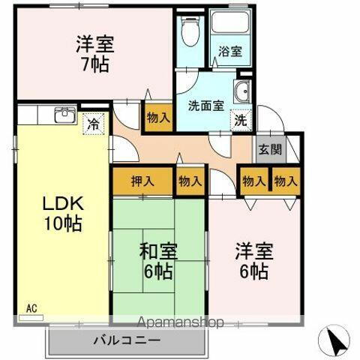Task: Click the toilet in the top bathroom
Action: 190,31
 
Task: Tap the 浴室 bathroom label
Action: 230,52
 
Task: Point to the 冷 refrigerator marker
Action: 94,122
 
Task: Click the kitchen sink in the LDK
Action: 64,115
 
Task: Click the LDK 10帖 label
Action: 61,212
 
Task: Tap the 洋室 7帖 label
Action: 92,53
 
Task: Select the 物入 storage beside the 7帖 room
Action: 158,117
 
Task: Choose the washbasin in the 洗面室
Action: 241,93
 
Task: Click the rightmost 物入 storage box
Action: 285,180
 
